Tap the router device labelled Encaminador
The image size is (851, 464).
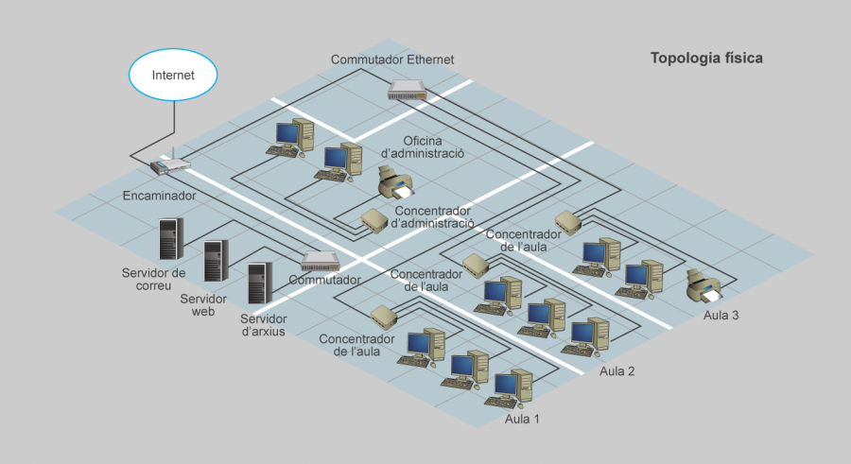pyautogui.click(x=169, y=165)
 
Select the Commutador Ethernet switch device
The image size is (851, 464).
pyautogui.click(x=407, y=90)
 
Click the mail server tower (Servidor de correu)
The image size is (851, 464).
pyautogui.click(x=170, y=239)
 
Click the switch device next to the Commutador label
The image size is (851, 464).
pyautogui.click(x=319, y=261)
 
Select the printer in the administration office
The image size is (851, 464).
pyautogui.click(x=394, y=181)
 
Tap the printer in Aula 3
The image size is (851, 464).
pyautogui.click(x=703, y=285)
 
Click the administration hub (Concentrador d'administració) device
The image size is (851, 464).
pyautogui.click(x=373, y=221)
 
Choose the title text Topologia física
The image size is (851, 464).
pyautogui.click(x=706, y=59)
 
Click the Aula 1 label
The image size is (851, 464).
pyautogui.click(x=522, y=419)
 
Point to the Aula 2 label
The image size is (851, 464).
pyautogui.click(x=617, y=371)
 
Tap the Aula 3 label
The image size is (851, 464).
pyautogui.click(x=721, y=315)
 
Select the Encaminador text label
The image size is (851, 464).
pyautogui.click(x=159, y=197)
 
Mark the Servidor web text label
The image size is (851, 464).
pyautogui.click(x=197, y=303)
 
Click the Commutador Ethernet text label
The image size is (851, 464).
pyautogui.click(x=392, y=60)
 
